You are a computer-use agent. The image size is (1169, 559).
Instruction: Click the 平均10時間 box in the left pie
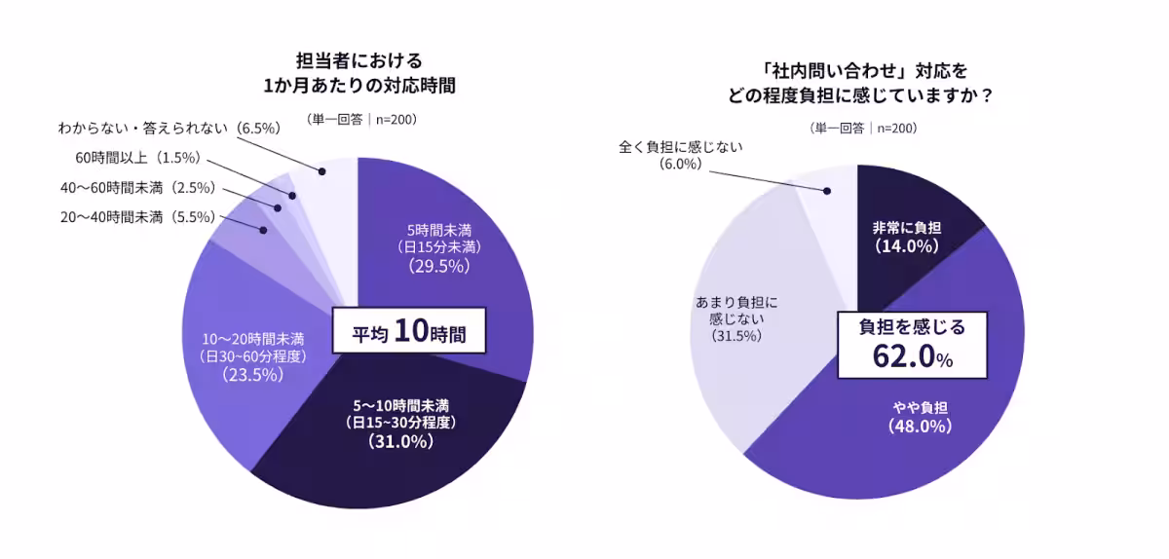pyautogui.click(x=408, y=333)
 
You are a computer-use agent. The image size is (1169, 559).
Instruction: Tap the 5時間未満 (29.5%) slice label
pyautogui.click(x=438, y=247)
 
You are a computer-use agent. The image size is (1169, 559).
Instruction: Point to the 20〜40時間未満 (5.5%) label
pyautogui.click(x=137, y=218)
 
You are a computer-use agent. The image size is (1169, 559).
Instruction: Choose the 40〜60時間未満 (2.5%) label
pyautogui.click(x=137, y=188)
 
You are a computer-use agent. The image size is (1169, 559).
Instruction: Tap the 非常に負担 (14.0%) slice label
pyautogui.click(x=906, y=237)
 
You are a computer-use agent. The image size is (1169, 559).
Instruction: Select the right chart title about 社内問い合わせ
pyautogui.click(x=861, y=83)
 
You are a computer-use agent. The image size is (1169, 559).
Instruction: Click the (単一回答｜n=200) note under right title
pyautogui.click(x=862, y=128)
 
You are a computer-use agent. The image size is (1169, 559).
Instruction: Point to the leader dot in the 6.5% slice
pyautogui.click(x=324, y=172)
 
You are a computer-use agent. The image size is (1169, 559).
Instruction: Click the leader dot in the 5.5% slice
pyautogui.click(x=263, y=230)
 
